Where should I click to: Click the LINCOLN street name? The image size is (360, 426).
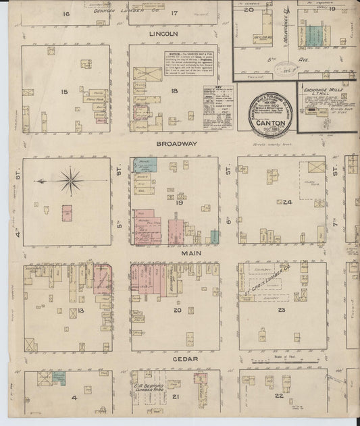tap(163, 33)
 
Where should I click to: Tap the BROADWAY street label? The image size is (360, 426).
tap(175, 144)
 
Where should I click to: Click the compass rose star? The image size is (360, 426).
tap(69, 180)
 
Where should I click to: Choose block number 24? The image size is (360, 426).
tap(286, 201)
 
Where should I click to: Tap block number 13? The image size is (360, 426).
tap(80, 310)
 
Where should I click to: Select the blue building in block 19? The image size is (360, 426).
tap(145, 163)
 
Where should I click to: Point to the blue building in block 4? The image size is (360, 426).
tap(59, 377)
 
